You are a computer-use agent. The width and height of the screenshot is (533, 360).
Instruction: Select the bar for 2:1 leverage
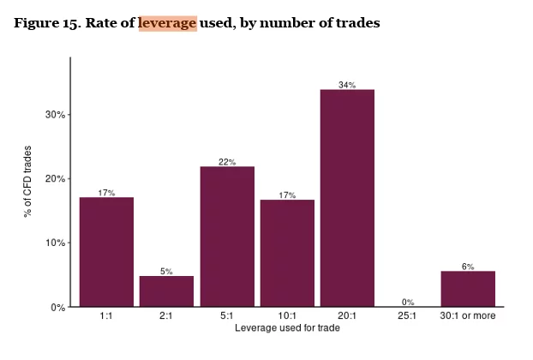pyautogui.click(x=167, y=291)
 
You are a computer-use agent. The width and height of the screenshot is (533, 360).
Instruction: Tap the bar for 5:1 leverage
pyautogui.click(x=227, y=236)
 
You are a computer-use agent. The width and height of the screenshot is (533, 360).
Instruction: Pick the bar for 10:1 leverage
pyautogui.click(x=287, y=253)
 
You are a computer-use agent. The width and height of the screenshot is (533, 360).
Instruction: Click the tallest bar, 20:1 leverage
pyautogui.click(x=347, y=197)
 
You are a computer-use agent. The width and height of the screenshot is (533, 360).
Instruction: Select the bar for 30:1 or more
pyautogui.click(x=468, y=289)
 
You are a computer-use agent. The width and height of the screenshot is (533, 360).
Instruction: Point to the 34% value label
pyautogui.click(x=347, y=85)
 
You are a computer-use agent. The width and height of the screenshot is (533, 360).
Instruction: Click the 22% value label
pyautogui.click(x=227, y=162)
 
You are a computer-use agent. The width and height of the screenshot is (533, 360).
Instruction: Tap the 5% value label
pyautogui.click(x=167, y=272)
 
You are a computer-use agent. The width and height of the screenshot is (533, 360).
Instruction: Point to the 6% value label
pyautogui.click(x=468, y=267)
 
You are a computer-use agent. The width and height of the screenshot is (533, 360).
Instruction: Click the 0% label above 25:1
pyautogui.click(x=408, y=302)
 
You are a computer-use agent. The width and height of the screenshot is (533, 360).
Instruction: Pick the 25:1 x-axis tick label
pyautogui.click(x=408, y=316)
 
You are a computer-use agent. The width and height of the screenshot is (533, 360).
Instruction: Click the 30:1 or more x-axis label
pyautogui.click(x=468, y=316)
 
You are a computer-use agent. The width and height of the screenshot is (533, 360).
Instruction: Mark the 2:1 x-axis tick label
pyautogui.click(x=167, y=316)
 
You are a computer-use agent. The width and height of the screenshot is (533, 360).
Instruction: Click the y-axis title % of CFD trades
pyautogui.click(x=28, y=180)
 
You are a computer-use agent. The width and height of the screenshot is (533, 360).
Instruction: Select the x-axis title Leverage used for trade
pyautogui.click(x=286, y=328)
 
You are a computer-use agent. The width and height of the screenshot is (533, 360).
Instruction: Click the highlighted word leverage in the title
pyautogui.click(x=167, y=24)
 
